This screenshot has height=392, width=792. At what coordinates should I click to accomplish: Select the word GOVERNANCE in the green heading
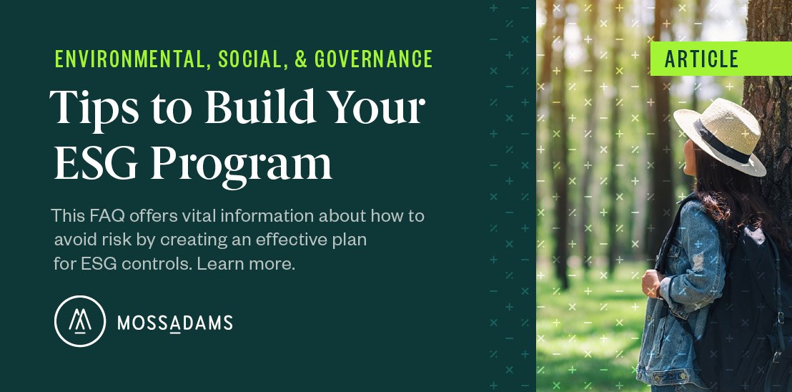point(373,59)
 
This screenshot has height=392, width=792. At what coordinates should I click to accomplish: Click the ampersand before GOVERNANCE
point(300,59)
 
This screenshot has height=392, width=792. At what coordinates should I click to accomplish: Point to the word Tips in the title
point(94,108)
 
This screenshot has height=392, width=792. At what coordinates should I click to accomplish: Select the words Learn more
point(246,264)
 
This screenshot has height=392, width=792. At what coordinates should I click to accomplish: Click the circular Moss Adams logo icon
point(80,321)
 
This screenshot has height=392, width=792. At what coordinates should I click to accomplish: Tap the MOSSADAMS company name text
point(174,323)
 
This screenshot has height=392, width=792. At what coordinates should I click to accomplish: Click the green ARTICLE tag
point(721,59)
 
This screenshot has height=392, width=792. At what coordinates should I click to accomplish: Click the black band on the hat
point(721,142)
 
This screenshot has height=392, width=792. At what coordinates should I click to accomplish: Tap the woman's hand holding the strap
point(650,283)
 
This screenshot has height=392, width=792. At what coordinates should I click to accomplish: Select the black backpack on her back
point(743,303)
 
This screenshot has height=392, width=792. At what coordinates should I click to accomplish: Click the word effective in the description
point(287,240)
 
